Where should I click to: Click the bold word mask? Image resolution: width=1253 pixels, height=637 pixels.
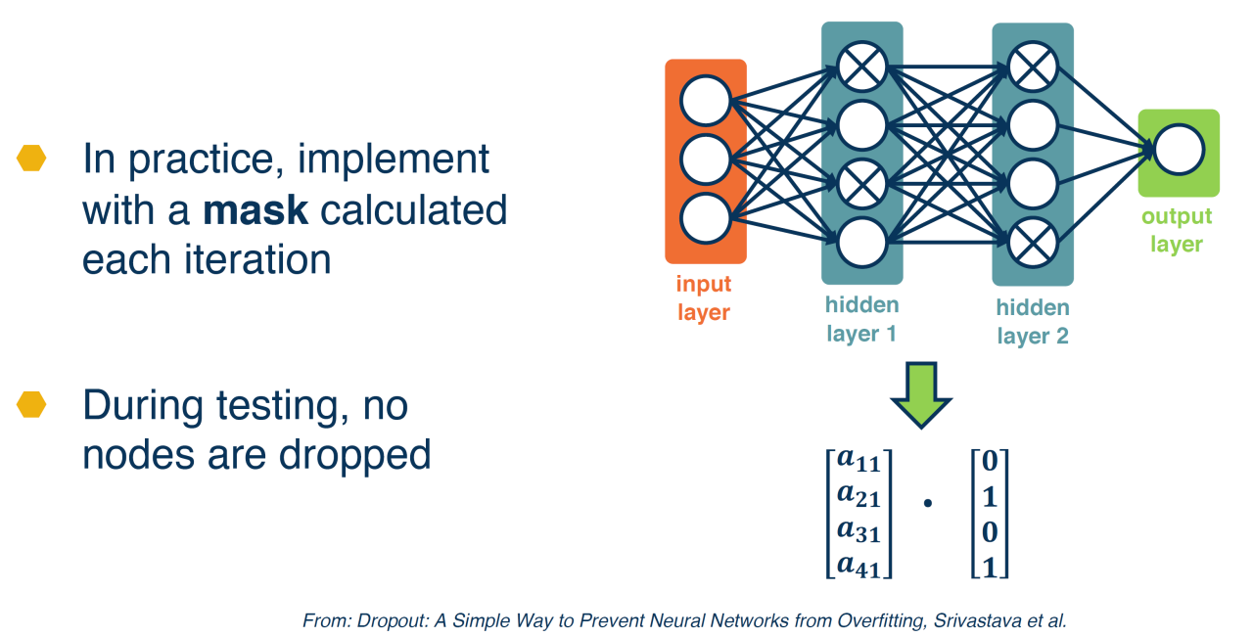255,210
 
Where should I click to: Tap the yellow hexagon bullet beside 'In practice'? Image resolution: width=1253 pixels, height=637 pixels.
31,159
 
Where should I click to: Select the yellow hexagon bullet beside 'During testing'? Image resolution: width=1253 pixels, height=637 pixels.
31,404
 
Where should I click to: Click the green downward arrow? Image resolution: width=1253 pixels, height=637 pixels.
921,395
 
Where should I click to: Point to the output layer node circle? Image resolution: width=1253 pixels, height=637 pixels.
1179,150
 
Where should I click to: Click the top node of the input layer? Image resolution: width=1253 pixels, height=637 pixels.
706,101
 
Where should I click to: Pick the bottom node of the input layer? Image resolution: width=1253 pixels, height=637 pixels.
706,218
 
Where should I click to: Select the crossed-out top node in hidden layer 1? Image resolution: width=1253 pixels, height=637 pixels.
862,67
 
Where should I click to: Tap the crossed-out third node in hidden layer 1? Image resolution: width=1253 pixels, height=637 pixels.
862,184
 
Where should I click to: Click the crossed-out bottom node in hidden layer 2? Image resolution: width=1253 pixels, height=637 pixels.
1033,243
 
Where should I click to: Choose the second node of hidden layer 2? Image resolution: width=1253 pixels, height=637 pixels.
1033,125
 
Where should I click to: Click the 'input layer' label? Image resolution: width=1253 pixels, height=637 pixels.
704,298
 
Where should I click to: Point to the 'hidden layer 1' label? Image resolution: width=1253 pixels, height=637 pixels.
862,319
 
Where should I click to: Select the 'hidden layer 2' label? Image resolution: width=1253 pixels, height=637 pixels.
1033,322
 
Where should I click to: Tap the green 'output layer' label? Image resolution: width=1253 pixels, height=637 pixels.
1177,230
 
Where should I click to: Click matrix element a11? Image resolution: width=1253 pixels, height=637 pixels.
859,460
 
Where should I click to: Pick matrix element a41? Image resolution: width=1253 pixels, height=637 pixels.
859,566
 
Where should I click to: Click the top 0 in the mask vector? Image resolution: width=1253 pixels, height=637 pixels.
990,461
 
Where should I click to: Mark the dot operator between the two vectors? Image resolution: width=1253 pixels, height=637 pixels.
927,503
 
